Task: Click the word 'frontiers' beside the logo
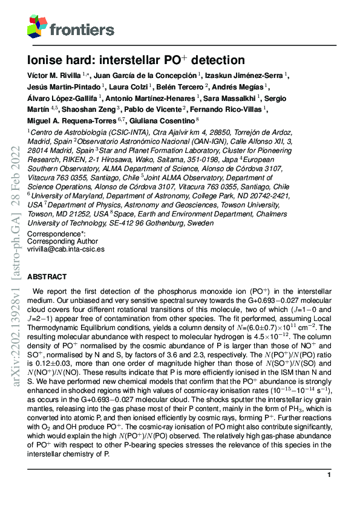click(x=82, y=29)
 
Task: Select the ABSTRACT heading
click(x=47, y=276)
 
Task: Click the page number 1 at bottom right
click(x=329, y=476)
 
